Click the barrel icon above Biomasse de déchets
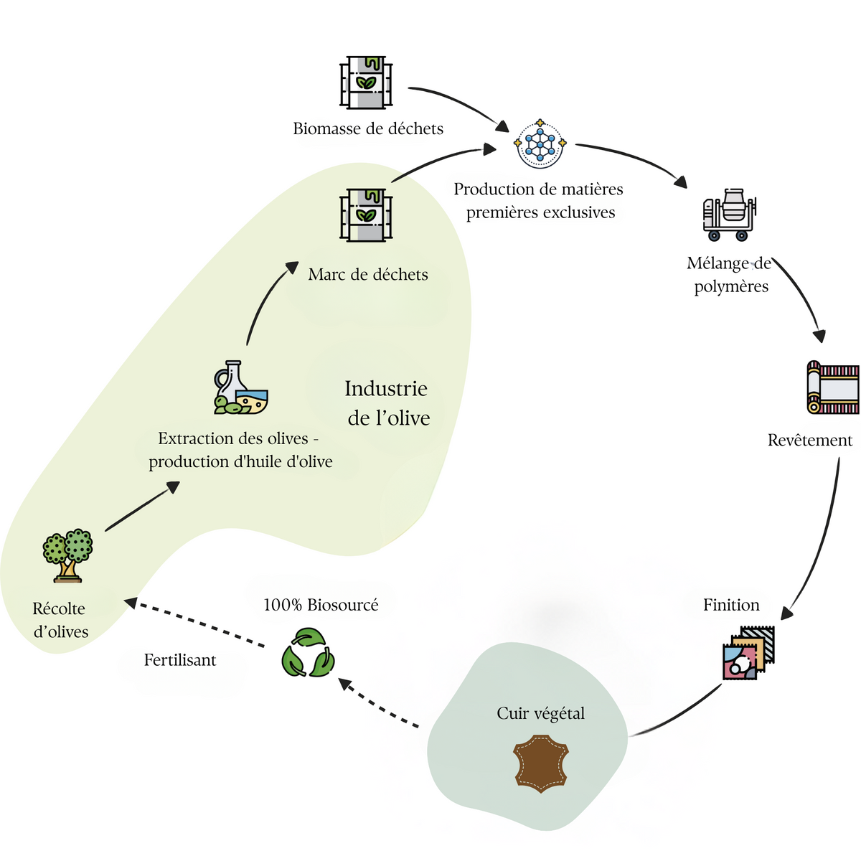point(366,83)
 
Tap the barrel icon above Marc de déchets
point(366,215)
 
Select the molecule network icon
point(540,143)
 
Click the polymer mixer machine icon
point(730,215)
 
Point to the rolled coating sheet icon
point(832,387)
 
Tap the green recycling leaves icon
point(308,653)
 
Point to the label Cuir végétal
point(541,713)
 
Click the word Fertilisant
point(179,660)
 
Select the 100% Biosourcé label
point(321,605)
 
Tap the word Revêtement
point(810,440)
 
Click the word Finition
point(731,605)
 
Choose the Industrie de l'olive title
point(387,403)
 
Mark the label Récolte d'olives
point(60,620)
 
